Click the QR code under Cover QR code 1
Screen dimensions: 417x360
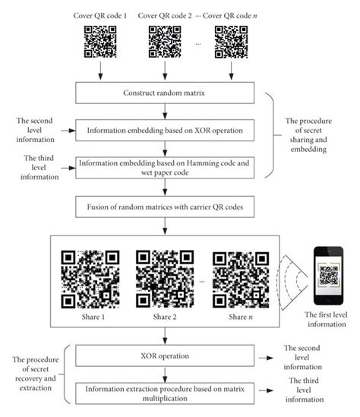99,43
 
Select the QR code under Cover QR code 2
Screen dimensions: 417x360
165,43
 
